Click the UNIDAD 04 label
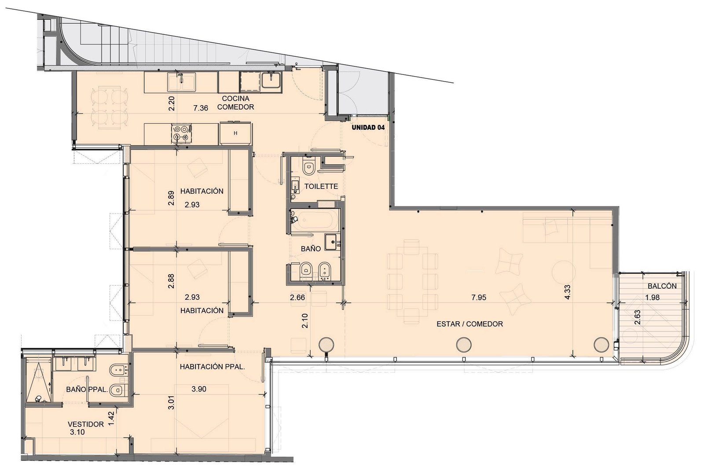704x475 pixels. click(x=368, y=127)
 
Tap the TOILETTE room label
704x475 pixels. click(x=321, y=186)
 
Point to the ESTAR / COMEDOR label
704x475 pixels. click(x=469, y=324)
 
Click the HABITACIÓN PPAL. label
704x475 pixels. click(x=212, y=367)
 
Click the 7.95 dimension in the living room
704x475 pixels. click(x=478, y=297)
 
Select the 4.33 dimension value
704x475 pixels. click(x=567, y=292)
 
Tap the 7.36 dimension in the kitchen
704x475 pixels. click(x=201, y=108)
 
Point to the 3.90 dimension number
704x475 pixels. click(x=198, y=389)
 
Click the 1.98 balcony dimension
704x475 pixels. click(x=652, y=297)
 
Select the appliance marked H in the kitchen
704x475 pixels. click(x=235, y=133)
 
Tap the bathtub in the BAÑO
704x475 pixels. click(x=315, y=221)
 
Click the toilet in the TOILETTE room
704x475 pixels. click(x=308, y=166)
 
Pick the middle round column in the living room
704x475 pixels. click(x=464, y=345)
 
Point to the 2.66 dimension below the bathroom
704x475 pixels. click(x=297, y=297)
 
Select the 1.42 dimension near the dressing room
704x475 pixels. click(x=110, y=419)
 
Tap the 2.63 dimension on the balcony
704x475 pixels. click(x=638, y=317)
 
